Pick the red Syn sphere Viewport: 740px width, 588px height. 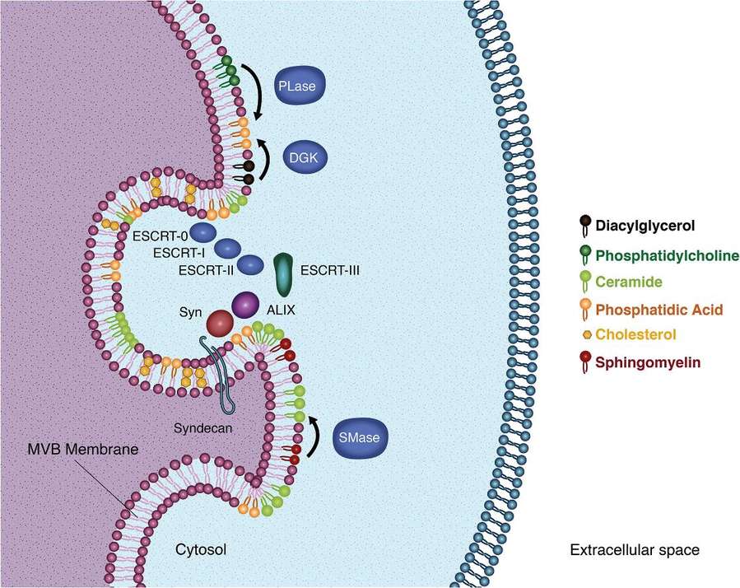tap(221, 323)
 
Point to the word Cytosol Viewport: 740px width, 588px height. tap(201, 548)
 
